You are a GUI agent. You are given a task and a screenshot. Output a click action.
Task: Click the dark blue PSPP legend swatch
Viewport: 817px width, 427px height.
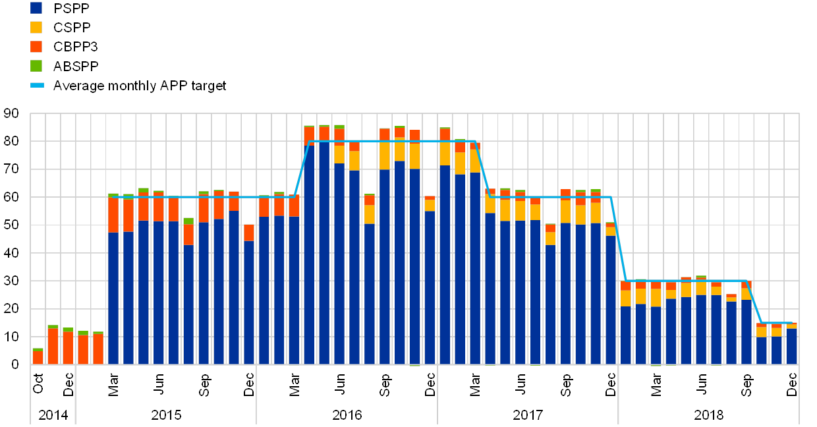(36, 8)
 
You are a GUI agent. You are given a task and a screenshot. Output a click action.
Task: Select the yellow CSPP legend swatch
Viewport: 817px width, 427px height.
(36, 27)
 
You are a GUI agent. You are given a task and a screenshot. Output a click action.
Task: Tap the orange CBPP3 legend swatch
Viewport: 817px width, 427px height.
(36, 47)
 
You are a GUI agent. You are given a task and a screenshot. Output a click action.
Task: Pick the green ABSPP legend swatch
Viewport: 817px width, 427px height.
(36, 66)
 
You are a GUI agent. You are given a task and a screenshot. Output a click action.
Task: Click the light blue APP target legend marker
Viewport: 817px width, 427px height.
(36, 85)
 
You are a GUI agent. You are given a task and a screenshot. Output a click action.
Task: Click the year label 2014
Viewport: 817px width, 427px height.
(52, 415)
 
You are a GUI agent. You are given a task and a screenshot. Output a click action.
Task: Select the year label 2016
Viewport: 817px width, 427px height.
(347, 415)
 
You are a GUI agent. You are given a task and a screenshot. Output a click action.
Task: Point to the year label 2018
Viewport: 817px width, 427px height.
(708, 415)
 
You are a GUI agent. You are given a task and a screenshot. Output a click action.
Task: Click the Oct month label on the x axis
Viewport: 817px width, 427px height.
(38, 382)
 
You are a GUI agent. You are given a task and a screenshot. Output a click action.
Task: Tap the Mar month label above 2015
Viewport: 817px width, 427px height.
(113, 382)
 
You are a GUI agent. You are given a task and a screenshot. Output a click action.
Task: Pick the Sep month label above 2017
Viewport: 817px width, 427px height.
(565, 382)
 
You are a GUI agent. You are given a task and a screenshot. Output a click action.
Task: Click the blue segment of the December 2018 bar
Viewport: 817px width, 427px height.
(791, 346)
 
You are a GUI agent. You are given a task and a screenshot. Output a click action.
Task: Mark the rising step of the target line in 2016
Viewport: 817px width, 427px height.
(302, 169)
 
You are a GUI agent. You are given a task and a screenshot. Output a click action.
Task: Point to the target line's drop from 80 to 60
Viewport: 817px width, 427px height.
(483, 169)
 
